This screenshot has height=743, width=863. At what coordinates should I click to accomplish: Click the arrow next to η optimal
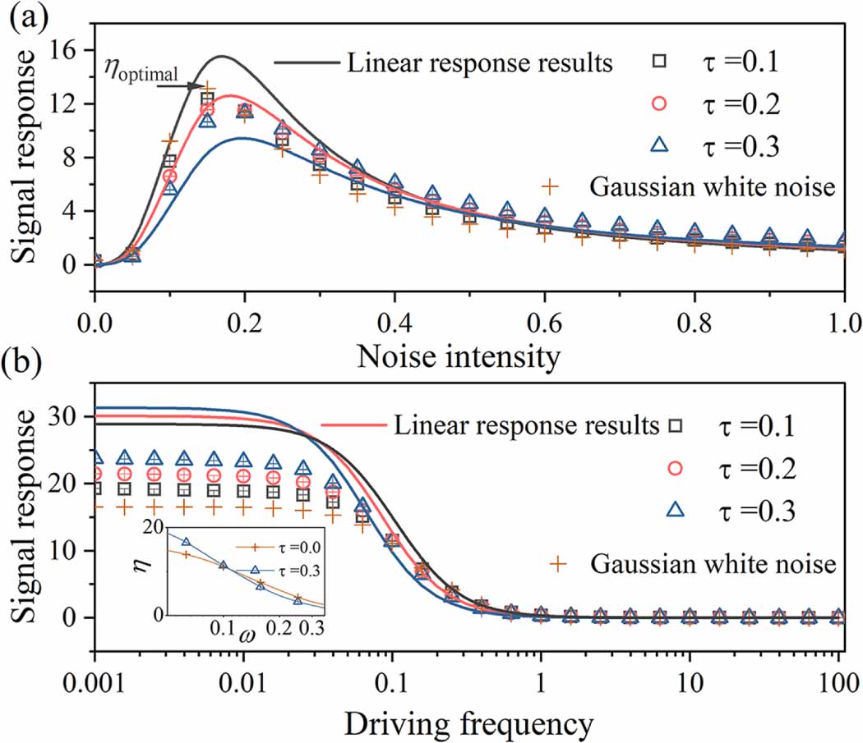click(194, 85)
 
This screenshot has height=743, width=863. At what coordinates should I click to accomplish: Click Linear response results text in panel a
click(479, 62)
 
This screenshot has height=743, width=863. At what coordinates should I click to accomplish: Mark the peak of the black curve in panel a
click(222, 57)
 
